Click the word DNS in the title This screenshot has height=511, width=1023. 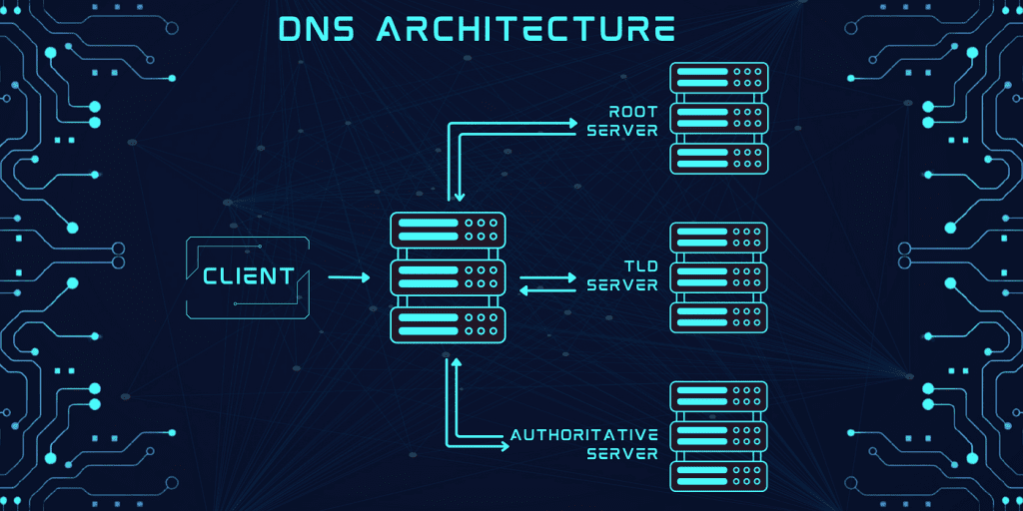(319, 28)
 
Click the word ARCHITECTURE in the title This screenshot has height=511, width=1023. (525, 28)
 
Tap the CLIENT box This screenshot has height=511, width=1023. (248, 277)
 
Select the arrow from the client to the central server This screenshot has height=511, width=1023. (349, 277)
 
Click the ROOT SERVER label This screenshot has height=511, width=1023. (622, 120)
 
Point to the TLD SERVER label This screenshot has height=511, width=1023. (622, 275)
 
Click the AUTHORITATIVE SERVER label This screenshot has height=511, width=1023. (583, 444)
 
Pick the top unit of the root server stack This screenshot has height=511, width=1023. (719, 78)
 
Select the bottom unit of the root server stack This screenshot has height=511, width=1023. (719, 159)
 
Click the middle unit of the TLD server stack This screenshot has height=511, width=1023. (719, 277)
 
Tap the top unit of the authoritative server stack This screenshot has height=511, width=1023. (719, 396)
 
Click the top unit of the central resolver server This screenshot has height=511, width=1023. (448, 230)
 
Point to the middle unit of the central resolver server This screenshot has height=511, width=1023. (448, 277)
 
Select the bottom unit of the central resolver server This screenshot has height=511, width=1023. (448, 324)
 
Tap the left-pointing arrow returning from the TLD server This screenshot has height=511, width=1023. (548, 290)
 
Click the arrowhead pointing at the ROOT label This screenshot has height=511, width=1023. (573, 123)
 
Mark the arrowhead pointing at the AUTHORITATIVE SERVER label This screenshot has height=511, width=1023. (505, 446)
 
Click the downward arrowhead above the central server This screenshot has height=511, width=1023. (460, 197)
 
